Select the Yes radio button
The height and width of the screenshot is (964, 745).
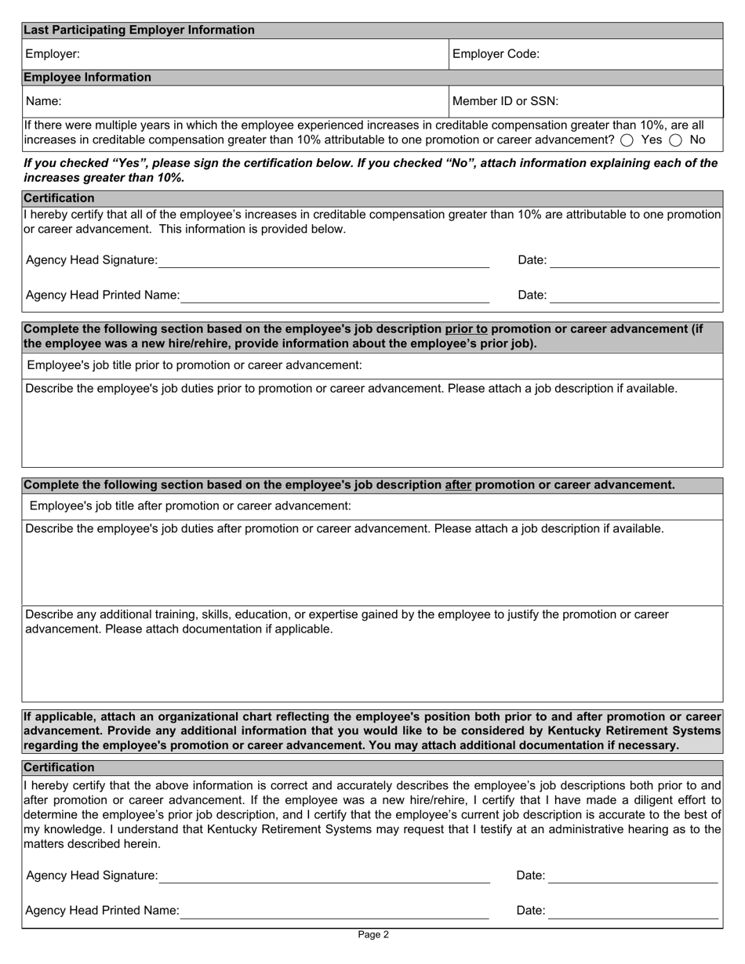627,140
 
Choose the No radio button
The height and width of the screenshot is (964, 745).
675,140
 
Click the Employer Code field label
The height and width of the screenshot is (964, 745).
496,54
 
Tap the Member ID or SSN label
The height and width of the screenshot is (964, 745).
506,101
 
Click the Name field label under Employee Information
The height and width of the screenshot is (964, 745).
43,101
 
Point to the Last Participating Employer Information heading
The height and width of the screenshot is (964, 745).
139,30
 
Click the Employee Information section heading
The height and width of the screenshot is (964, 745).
87,77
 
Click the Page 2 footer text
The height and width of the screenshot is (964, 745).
372,934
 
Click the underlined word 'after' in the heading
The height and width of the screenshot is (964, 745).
458,485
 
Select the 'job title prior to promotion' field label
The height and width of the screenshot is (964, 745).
194,365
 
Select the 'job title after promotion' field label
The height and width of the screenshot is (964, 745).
190,506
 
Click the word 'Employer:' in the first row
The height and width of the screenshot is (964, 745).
53,54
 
